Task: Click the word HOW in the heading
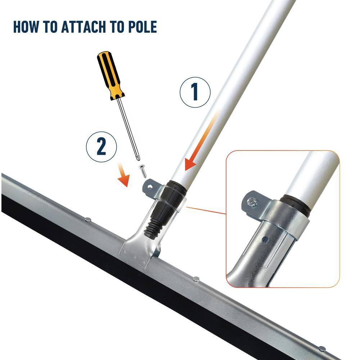(x=26, y=27)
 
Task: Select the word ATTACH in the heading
(x=83, y=27)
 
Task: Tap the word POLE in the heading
(x=142, y=27)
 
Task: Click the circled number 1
(x=195, y=92)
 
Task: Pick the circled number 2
(x=101, y=147)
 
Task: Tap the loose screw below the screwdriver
(x=143, y=171)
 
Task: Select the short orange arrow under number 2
(x=123, y=175)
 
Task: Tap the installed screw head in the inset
(x=252, y=202)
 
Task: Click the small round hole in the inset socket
(x=265, y=240)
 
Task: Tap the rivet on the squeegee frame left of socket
(x=88, y=220)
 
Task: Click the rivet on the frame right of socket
(x=196, y=279)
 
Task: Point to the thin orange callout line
(x=206, y=211)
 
